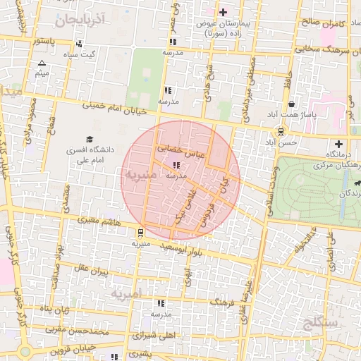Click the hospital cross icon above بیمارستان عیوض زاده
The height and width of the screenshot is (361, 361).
224,12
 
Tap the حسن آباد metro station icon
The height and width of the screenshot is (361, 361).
281,130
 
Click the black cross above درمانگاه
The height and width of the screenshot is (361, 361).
339,144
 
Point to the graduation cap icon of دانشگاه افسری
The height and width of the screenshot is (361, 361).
90,139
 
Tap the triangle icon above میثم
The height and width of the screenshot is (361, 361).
42,63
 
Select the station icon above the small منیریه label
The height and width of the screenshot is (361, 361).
140,232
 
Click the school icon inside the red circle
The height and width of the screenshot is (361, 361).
176,165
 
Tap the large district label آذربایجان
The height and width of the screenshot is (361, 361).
78,19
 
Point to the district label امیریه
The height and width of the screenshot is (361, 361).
126,292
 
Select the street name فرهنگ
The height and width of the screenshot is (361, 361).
222,302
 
